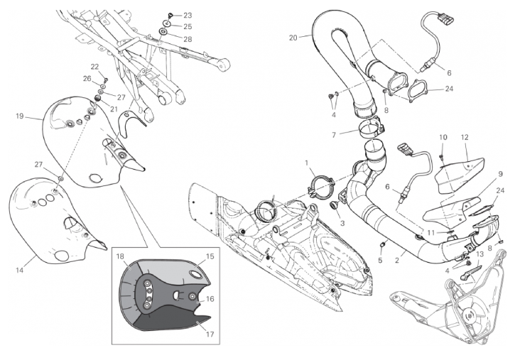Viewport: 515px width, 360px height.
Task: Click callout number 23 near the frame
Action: pos(188,16)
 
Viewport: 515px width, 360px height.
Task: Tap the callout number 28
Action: pos(188,39)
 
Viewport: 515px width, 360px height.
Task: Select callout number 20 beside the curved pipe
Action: pos(293,38)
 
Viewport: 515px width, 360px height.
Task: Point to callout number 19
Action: pos(20,116)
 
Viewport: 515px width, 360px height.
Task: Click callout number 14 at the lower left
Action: pos(20,271)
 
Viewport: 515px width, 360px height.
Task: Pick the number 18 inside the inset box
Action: pos(120,256)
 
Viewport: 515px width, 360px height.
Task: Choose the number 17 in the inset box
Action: pos(210,334)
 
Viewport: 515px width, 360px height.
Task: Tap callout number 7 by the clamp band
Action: pos(334,135)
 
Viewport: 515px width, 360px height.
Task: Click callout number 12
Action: pos(465,138)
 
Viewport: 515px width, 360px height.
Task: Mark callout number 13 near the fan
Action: pos(480,253)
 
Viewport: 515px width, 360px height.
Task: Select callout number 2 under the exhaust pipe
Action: pos(397,261)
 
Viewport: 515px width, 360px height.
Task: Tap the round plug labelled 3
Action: pos(334,206)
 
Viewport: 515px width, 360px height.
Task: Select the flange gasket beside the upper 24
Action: pos(418,90)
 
